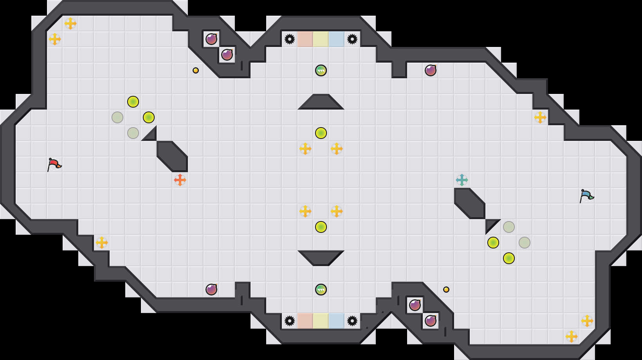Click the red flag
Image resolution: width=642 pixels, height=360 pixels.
54,164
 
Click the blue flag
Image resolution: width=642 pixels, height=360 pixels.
586,196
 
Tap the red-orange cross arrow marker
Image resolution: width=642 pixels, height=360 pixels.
180,180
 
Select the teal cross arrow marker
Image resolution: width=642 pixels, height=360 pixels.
462,180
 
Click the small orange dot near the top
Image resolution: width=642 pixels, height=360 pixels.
196,70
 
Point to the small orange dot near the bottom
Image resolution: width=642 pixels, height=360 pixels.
446,290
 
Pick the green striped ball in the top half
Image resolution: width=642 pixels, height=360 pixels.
321,70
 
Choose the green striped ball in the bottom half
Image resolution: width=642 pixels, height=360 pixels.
321,290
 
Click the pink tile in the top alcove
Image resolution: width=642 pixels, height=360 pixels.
305,39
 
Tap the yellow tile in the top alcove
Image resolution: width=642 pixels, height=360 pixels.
321,39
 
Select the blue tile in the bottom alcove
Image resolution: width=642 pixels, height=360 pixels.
337,321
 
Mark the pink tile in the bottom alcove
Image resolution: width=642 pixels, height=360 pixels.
305,321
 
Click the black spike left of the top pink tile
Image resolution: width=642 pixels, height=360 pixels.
290,39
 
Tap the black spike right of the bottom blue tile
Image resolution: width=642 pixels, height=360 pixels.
352,321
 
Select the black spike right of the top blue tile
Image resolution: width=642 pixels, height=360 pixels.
352,39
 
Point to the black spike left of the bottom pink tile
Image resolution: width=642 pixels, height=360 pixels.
290,321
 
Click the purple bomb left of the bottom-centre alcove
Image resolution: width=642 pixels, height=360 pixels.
211,290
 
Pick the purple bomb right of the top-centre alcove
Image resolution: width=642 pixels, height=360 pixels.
431,70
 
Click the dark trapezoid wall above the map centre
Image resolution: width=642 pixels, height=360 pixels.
321,103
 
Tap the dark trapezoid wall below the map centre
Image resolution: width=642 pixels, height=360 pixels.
321,257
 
